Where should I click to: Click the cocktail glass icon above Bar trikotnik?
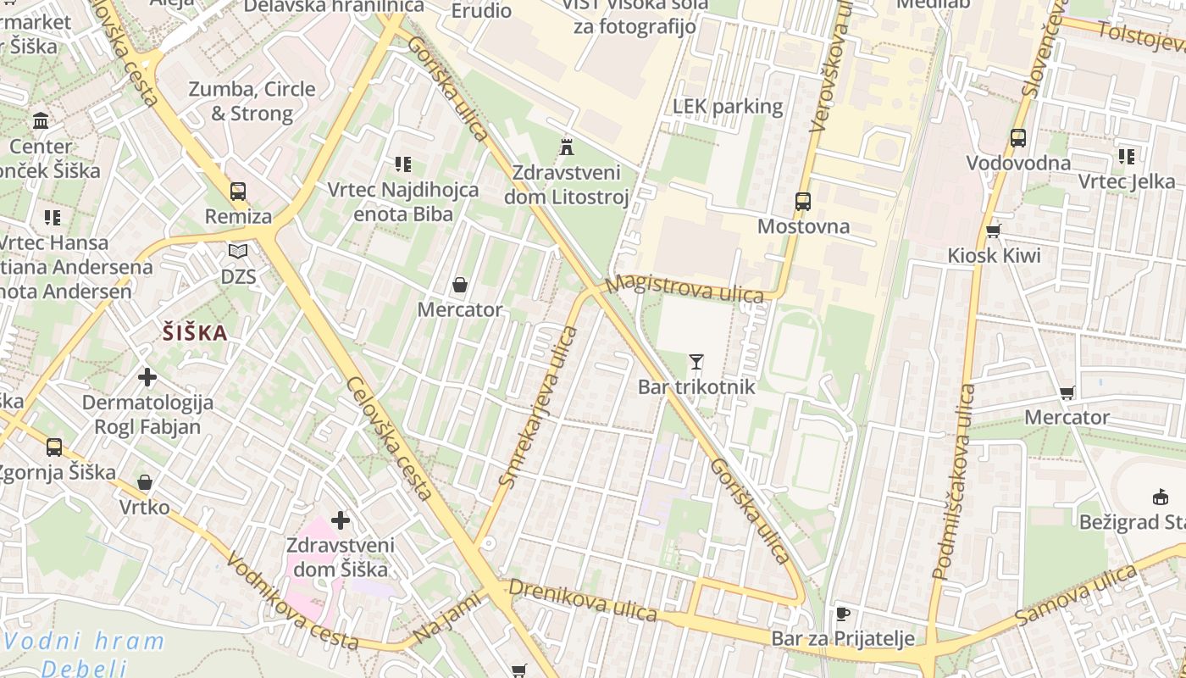[696, 362]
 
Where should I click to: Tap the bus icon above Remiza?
[238, 192]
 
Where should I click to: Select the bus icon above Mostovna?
[802, 202]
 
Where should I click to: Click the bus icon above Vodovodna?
[1018, 138]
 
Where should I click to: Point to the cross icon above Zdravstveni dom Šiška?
[341, 520]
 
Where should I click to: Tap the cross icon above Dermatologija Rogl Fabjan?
[147, 376]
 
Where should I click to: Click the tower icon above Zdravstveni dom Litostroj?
[567, 147]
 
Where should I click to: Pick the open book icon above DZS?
[238, 252]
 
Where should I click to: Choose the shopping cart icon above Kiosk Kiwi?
[994, 231]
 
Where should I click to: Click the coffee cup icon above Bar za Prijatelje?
[842, 614]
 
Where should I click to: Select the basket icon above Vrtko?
[145, 482]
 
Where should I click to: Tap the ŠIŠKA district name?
[195, 333]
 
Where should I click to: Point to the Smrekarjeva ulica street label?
[538, 408]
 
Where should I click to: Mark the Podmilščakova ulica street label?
[952, 481]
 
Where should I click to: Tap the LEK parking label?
[728, 106]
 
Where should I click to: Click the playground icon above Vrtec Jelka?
[1126, 156]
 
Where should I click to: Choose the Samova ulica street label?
[1075, 595]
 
